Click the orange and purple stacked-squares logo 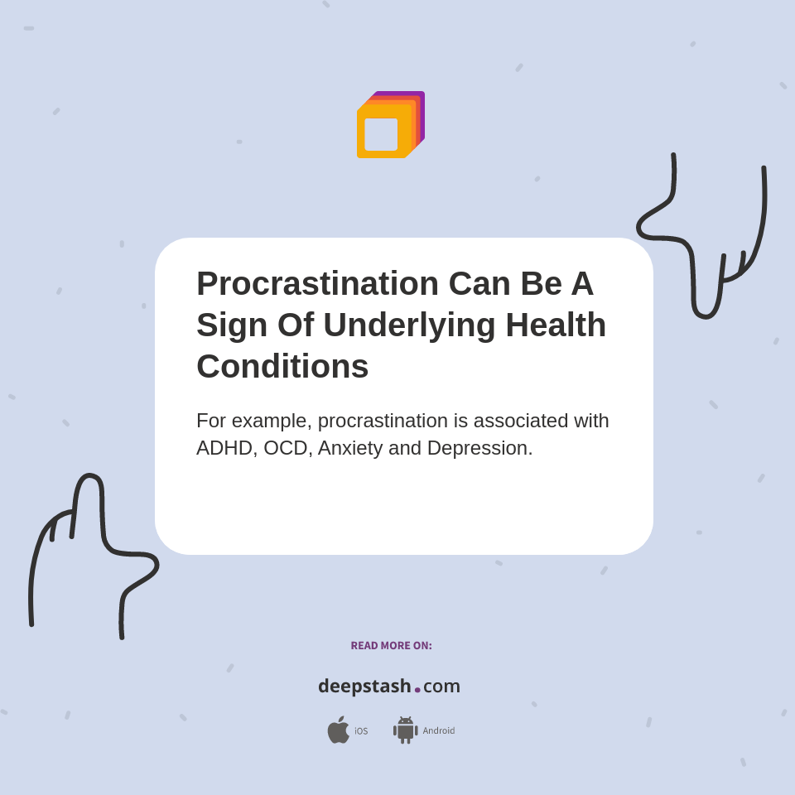coord(390,125)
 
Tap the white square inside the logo coord(381,134)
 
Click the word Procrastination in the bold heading coord(317,283)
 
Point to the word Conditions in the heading coord(282,366)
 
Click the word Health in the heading coord(556,325)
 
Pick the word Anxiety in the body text coord(349,448)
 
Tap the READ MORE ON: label coord(391,646)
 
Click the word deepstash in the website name coord(364,686)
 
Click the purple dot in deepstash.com coord(417,689)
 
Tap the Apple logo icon coord(338,730)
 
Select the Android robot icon coord(405,730)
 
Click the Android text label coord(439,730)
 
